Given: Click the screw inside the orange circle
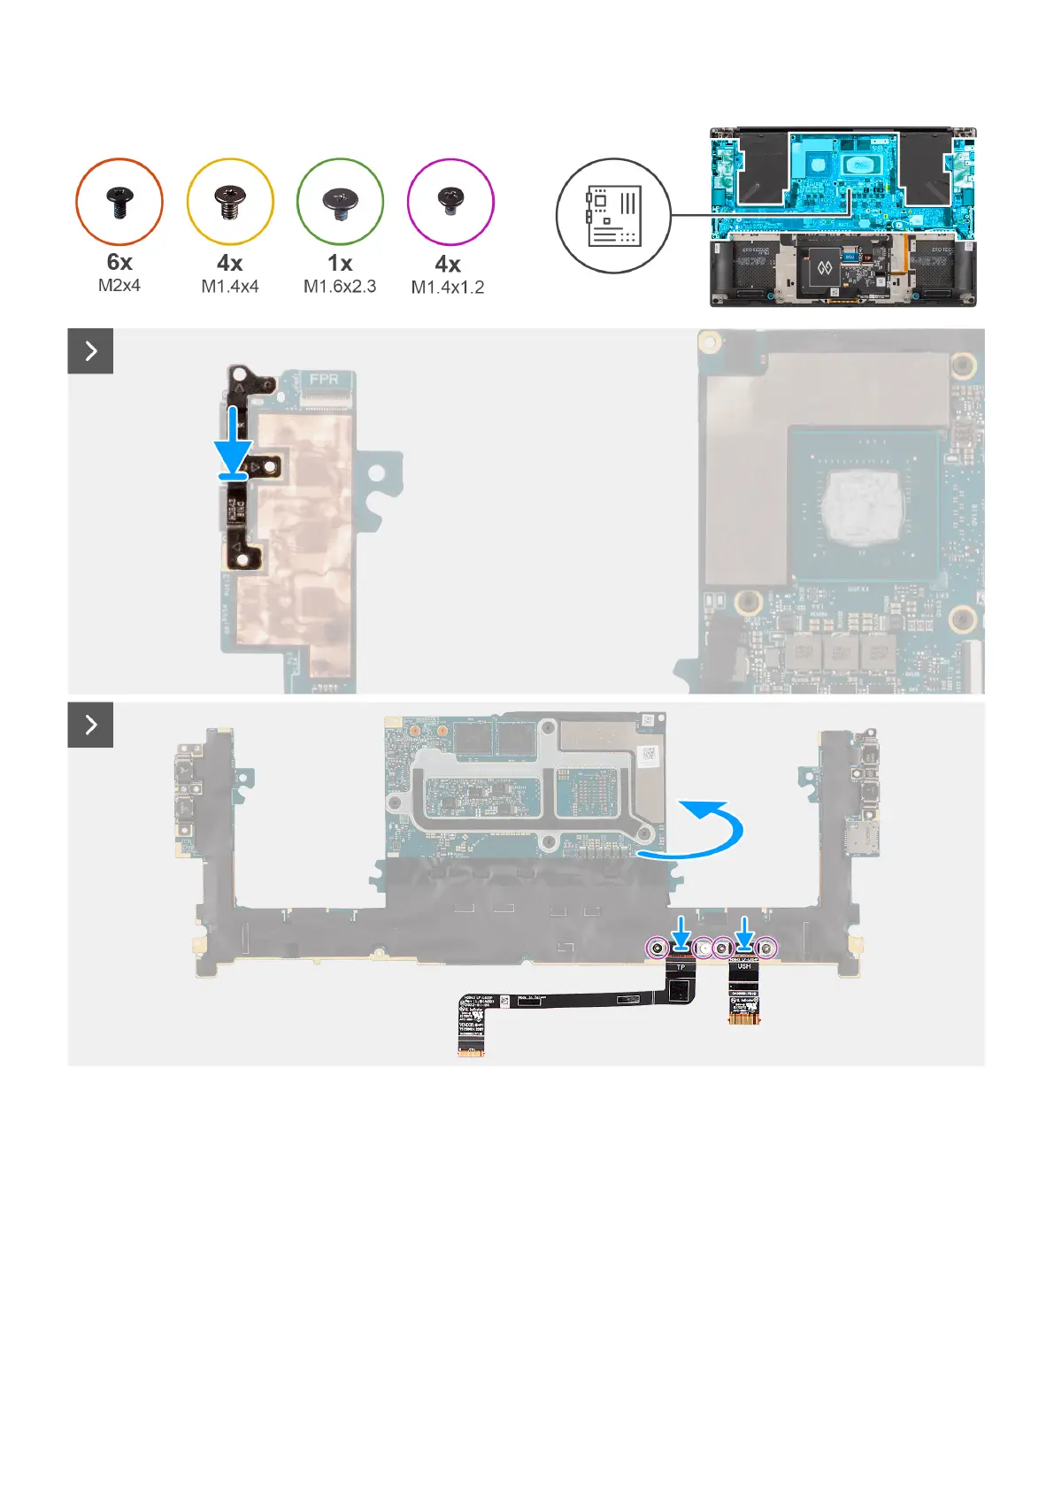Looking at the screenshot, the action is coord(119,203).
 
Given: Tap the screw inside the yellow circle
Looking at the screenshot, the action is coord(230,203).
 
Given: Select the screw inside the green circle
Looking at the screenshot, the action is coord(340,203).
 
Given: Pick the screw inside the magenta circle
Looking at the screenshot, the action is coord(450,201).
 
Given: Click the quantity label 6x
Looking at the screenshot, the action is coord(119,262).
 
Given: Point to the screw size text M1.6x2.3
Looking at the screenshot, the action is coord(340,287).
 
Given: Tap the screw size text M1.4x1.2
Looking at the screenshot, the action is coord(448,288).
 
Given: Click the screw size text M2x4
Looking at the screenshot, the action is coord(119,285).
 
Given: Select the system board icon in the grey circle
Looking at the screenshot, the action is coord(612,216).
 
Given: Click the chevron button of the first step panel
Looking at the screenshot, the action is coord(90,351).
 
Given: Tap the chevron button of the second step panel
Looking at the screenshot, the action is coord(90,725).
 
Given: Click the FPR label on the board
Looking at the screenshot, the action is coord(324,379).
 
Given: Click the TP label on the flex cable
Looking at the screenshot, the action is coord(681,967).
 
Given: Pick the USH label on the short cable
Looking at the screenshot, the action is coord(744,966).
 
